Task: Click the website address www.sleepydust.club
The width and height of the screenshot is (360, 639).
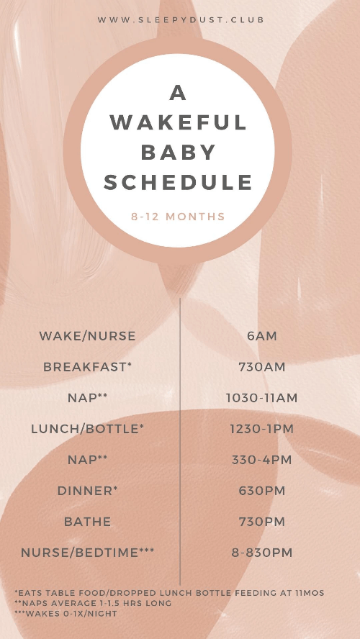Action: click(181, 19)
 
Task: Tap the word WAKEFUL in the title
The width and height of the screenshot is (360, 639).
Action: click(179, 122)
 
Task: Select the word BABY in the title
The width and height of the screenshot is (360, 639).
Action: click(178, 152)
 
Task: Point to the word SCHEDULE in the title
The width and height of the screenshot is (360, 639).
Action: click(178, 182)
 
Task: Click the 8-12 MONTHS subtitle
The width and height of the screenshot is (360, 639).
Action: click(178, 217)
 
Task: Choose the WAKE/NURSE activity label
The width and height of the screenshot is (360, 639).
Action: click(87, 336)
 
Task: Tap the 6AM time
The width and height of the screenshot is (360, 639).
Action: click(262, 336)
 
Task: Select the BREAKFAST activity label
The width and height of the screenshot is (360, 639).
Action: click(87, 367)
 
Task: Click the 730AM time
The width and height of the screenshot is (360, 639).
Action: click(262, 367)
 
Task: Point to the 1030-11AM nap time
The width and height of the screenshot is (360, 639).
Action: click(262, 398)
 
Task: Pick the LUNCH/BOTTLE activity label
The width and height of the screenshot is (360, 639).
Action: click(87, 429)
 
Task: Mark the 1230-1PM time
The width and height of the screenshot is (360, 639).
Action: click(262, 429)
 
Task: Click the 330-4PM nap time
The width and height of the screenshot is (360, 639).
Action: click(262, 460)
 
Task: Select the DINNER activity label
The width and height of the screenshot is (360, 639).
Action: click(87, 491)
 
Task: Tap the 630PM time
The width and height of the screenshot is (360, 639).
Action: click(262, 491)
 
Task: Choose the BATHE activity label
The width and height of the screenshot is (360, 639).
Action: click(87, 522)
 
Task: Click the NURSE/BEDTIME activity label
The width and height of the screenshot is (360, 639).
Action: click(87, 553)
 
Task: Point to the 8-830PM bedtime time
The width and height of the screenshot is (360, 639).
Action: click(262, 553)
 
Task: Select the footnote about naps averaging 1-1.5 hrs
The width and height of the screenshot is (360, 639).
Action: click(93, 603)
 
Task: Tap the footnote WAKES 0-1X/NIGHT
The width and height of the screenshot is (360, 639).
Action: click(66, 613)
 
